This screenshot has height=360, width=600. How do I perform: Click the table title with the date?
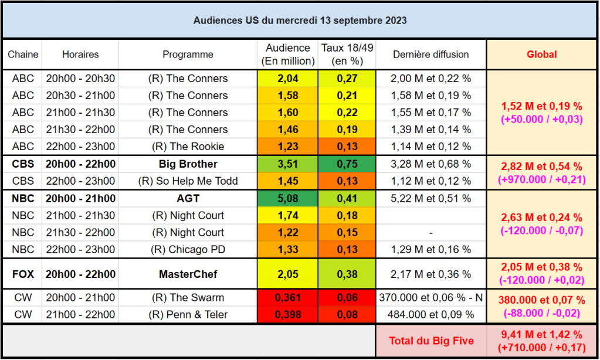pos(300,21)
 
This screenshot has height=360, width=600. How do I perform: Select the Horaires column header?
pos(80,55)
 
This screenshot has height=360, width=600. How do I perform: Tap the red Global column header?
pos(541,55)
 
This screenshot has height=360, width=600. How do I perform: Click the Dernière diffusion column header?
pos(431,55)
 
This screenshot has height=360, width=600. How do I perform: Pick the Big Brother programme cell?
pos(188,164)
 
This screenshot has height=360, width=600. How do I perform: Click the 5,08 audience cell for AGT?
pos(287,199)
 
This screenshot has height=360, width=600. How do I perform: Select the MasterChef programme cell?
pos(188,274)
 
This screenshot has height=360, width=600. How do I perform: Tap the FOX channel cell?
pos(23,274)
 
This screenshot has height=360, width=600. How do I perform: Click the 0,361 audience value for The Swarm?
pos(287,298)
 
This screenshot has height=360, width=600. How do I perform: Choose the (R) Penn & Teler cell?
pos(188,315)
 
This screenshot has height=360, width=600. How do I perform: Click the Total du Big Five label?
pos(431,340)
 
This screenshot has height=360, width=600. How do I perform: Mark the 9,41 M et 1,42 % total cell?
pos(541,340)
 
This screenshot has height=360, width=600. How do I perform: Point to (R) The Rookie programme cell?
pos(188,147)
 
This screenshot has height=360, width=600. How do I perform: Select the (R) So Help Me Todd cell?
pos(188,181)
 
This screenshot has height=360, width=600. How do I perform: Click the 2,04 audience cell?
pos(287,79)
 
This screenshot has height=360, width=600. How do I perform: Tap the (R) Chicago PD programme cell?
pos(188,250)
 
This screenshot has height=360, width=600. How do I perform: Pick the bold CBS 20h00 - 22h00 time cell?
pos(80,164)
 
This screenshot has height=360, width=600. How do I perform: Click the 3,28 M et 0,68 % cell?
pos(431,164)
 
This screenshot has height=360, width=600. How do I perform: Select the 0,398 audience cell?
pos(287,315)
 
